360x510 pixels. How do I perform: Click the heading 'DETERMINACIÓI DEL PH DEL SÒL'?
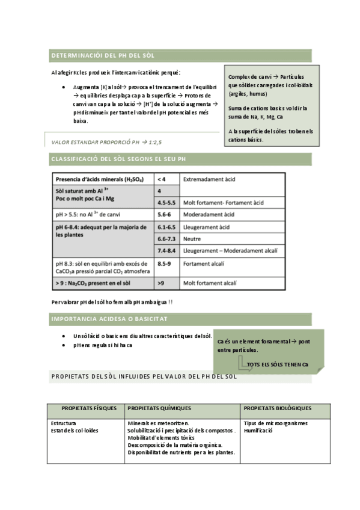tap(103, 55)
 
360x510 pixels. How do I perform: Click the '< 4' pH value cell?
tap(161, 179)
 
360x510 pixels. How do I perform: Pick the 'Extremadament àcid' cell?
tap(209, 179)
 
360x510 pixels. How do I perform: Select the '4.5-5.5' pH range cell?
tap(166, 203)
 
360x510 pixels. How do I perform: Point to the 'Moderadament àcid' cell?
tap(209, 214)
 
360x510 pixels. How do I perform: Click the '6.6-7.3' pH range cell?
tap(166, 239)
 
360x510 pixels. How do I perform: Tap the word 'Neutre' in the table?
tap(192, 239)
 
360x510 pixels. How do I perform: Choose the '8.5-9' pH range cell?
tap(164, 263)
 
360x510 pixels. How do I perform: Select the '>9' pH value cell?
tap(160, 282)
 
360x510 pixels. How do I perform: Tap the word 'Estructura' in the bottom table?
tap(64, 423)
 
